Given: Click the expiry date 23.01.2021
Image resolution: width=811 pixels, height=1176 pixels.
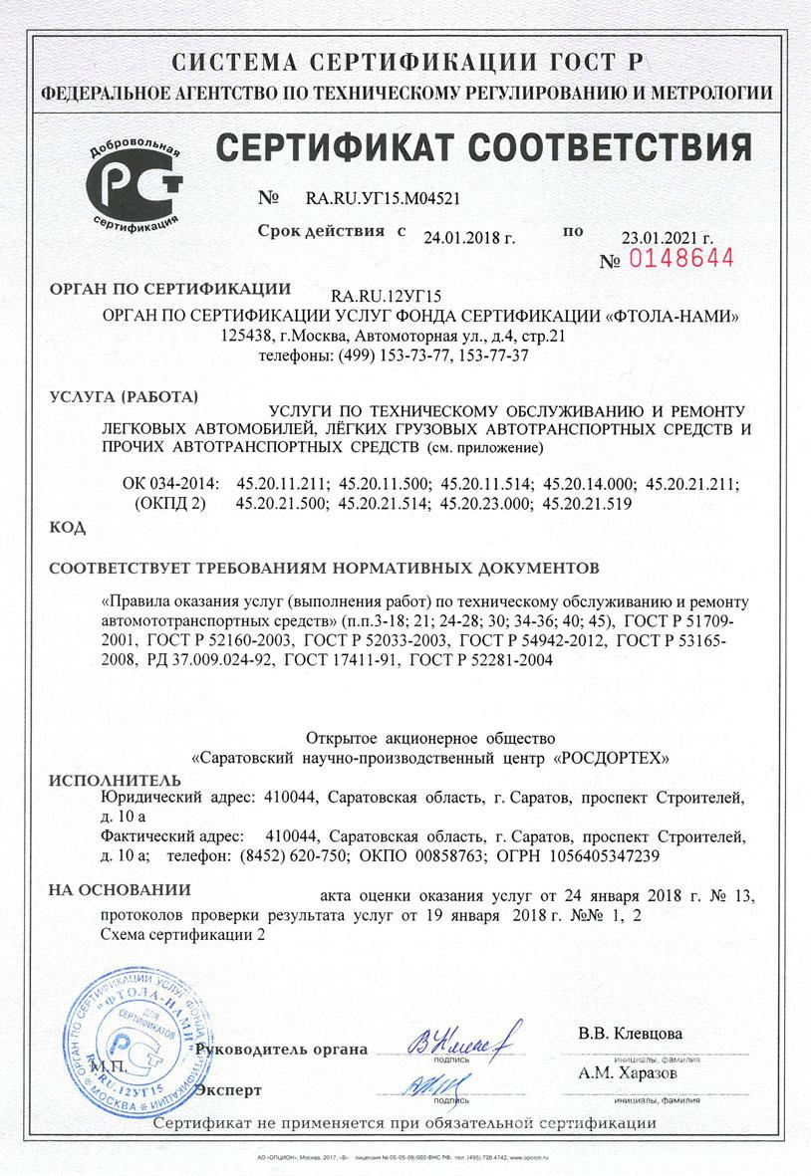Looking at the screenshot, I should (667, 238).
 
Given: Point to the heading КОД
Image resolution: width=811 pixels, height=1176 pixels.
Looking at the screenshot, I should (66, 527).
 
